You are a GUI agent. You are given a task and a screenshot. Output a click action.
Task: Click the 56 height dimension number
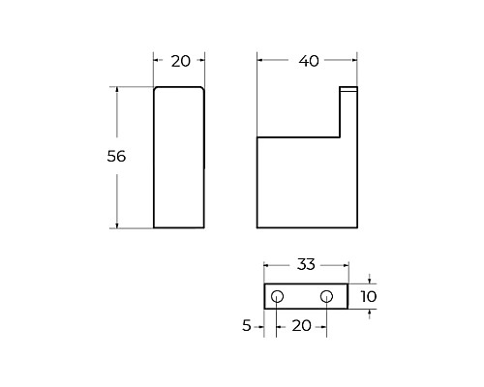116,156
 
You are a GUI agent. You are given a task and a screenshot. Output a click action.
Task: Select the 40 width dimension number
308,61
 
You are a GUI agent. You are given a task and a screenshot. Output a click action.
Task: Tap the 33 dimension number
306,263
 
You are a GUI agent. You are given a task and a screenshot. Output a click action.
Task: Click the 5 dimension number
248,327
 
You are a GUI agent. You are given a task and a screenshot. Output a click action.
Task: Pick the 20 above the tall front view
179,61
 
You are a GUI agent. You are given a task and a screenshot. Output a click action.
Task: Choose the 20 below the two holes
302,327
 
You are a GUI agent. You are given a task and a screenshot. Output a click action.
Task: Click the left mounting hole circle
278,296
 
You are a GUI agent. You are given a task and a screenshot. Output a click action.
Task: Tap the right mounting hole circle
326,296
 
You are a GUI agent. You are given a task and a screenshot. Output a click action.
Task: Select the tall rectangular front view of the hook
179,160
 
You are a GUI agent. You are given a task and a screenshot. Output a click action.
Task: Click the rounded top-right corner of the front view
201,90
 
